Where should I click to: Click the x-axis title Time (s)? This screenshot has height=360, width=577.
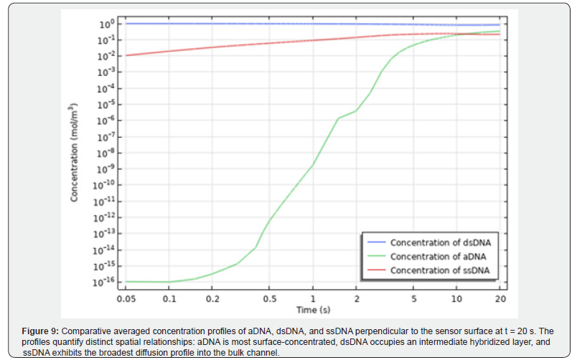tap(313, 309)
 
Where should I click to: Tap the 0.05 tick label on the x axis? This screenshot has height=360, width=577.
tap(126, 298)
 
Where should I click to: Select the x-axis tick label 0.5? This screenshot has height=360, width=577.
tap(269, 298)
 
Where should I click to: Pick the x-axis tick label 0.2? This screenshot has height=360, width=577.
tap(212, 298)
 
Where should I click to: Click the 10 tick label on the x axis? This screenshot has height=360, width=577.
tap(456, 298)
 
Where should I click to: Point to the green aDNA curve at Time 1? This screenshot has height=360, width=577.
tap(313, 165)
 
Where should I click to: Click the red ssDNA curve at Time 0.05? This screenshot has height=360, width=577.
tap(127, 55)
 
